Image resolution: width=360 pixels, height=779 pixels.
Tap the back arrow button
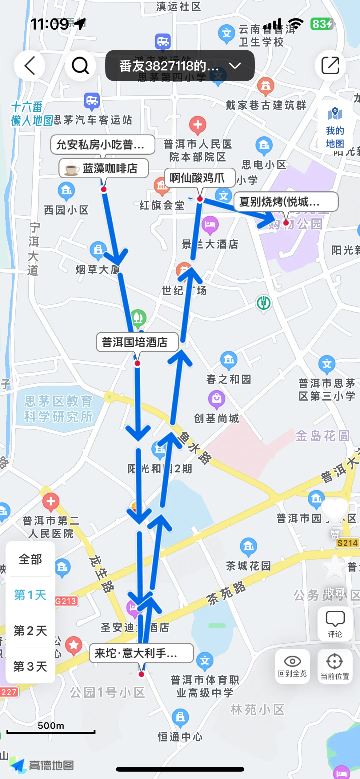(30, 66)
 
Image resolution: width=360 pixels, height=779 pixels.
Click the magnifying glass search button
(80, 66)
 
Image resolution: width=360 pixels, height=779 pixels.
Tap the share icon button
(330, 66)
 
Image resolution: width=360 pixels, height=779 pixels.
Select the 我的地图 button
(335, 128)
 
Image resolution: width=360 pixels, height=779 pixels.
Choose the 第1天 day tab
(30, 595)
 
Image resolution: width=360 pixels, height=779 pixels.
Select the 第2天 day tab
(30, 631)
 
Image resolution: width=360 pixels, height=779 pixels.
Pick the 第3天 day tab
(30, 666)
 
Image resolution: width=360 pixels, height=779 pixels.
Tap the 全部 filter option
(30, 559)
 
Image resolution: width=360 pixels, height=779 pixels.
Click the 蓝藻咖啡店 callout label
(104, 168)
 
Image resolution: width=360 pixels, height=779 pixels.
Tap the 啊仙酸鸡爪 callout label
(200, 178)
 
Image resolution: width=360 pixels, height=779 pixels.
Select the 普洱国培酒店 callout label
(137, 342)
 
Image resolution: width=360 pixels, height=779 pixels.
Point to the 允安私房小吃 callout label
(103, 145)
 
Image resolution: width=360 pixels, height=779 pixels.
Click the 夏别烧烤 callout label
(286, 201)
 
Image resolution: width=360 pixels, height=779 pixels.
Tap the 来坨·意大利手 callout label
(141, 653)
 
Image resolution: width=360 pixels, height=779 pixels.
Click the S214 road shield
(347, 543)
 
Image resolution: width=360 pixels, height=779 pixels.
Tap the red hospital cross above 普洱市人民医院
(198, 125)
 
